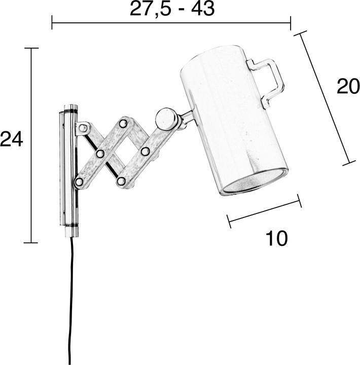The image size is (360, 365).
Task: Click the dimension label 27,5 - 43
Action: (172, 9)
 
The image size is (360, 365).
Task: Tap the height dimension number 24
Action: (11, 139)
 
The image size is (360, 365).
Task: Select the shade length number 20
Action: (348, 87)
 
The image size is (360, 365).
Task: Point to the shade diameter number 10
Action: (276, 238)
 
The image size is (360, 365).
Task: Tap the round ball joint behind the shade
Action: (165, 119)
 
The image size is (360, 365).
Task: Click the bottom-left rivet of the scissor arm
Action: (79, 181)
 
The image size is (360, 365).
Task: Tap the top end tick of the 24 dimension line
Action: (31, 48)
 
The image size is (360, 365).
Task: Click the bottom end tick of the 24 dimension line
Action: (31, 243)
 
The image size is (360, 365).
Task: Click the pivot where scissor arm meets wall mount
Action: (83, 127)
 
